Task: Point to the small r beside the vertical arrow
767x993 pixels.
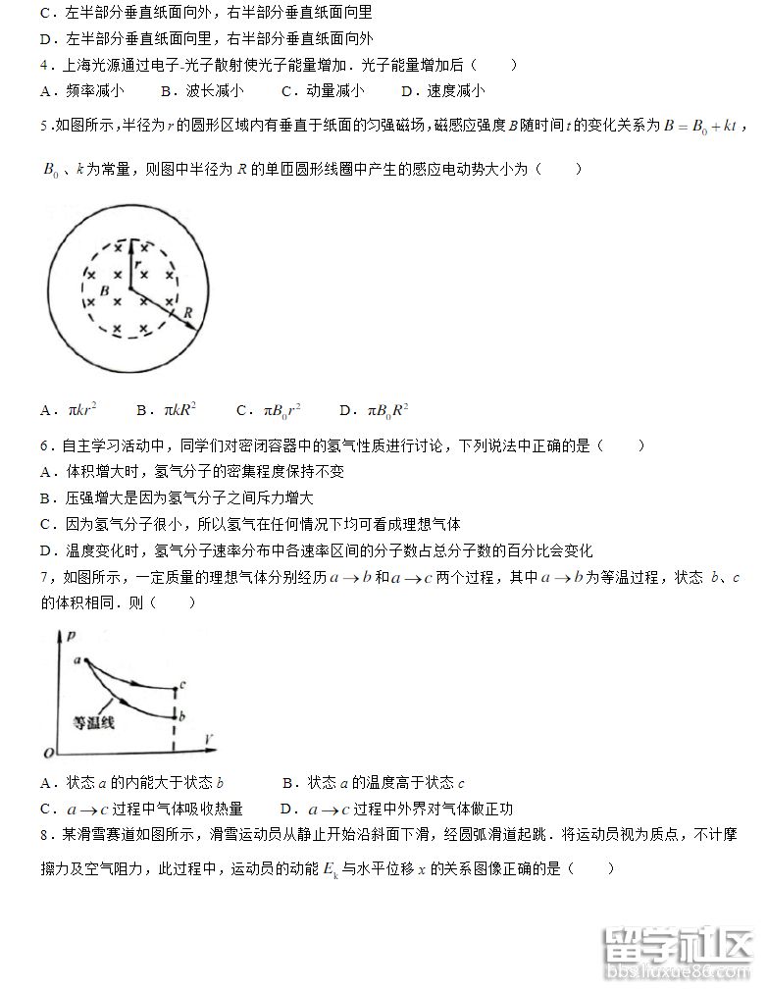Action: coord(139,263)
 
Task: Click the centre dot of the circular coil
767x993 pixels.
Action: coord(128,289)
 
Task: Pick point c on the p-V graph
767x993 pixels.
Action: coord(182,684)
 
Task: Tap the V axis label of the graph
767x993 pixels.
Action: coord(210,736)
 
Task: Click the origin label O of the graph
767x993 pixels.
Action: coord(47,753)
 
